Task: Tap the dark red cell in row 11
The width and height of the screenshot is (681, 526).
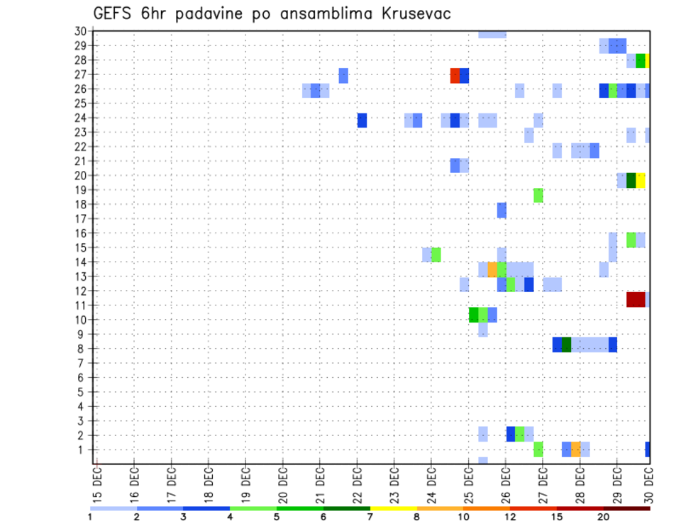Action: click(636, 299)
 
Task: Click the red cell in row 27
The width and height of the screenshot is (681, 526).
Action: click(455, 75)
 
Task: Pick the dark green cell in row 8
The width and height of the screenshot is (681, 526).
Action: click(566, 345)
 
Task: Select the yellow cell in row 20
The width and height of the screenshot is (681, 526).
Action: click(641, 180)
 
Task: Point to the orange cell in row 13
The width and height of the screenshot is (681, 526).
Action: click(492, 269)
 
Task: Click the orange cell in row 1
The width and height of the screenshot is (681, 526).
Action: click(576, 449)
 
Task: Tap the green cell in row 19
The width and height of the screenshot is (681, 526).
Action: click(538, 195)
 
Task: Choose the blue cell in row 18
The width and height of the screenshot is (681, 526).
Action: click(502, 210)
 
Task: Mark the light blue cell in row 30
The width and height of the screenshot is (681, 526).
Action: click(492, 34)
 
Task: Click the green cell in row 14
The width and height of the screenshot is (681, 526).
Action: click(436, 254)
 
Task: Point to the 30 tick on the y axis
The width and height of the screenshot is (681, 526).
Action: click(81, 31)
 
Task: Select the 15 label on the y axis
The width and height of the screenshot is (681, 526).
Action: click(81, 247)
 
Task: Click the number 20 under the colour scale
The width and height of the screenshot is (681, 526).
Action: click(604, 517)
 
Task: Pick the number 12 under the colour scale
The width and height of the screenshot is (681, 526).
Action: click(511, 517)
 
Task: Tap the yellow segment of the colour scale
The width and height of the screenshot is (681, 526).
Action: click(394, 508)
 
